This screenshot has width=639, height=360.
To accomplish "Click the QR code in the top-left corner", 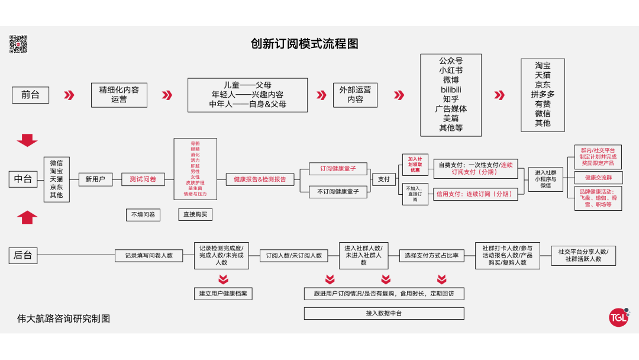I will coord(18,44).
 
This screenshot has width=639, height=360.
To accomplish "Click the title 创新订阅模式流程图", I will coord(304,44).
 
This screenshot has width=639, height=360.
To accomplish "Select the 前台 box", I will coord(30,95).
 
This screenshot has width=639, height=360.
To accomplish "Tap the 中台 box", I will coord(23,179).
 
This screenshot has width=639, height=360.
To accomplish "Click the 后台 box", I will coord(23,255).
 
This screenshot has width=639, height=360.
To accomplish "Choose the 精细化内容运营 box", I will coord(119,95).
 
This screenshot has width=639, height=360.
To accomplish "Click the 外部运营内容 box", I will coord(355,95).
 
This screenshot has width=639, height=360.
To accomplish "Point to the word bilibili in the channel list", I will coord(451,89).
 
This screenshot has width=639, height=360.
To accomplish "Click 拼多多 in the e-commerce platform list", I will coord(543,94).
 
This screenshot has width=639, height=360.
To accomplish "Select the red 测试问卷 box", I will coord(143,179).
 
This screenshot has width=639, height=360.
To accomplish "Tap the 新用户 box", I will coord(95,179).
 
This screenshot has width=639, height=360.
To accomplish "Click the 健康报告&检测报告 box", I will coord(260,179).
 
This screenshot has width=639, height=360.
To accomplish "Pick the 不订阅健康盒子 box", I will coord(338,191).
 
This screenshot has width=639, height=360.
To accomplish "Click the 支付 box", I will coord(384,179).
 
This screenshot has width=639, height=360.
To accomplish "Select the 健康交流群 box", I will coord(598,177).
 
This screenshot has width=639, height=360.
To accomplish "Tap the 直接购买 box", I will coord(195,214).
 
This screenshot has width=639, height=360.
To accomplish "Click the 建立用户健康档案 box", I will coord(223,293).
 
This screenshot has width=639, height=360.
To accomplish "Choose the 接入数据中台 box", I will coord(384,313).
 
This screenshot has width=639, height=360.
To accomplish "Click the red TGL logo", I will coord(618,317).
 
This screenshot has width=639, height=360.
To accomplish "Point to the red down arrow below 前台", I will coord(27,140).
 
